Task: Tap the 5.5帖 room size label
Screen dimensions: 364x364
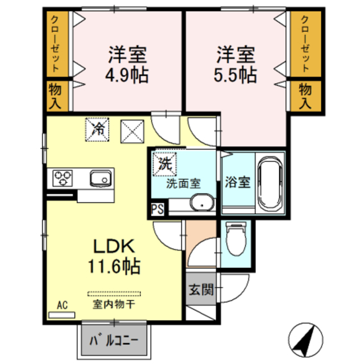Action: pyautogui.click(x=235, y=75)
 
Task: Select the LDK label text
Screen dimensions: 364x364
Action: pyautogui.click(x=114, y=246)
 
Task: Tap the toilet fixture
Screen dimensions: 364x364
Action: pyautogui.click(x=234, y=239)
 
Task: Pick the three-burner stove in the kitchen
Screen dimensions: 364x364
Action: pyautogui.click(x=63, y=178)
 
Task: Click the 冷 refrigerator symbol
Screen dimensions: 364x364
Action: pyautogui.click(x=98, y=129)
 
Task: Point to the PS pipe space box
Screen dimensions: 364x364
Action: pyautogui.click(x=158, y=209)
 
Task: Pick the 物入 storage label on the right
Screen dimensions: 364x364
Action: pyautogui.click(x=305, y=96)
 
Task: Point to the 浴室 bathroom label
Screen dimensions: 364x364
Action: pyautogui.click(x=238, y=183)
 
